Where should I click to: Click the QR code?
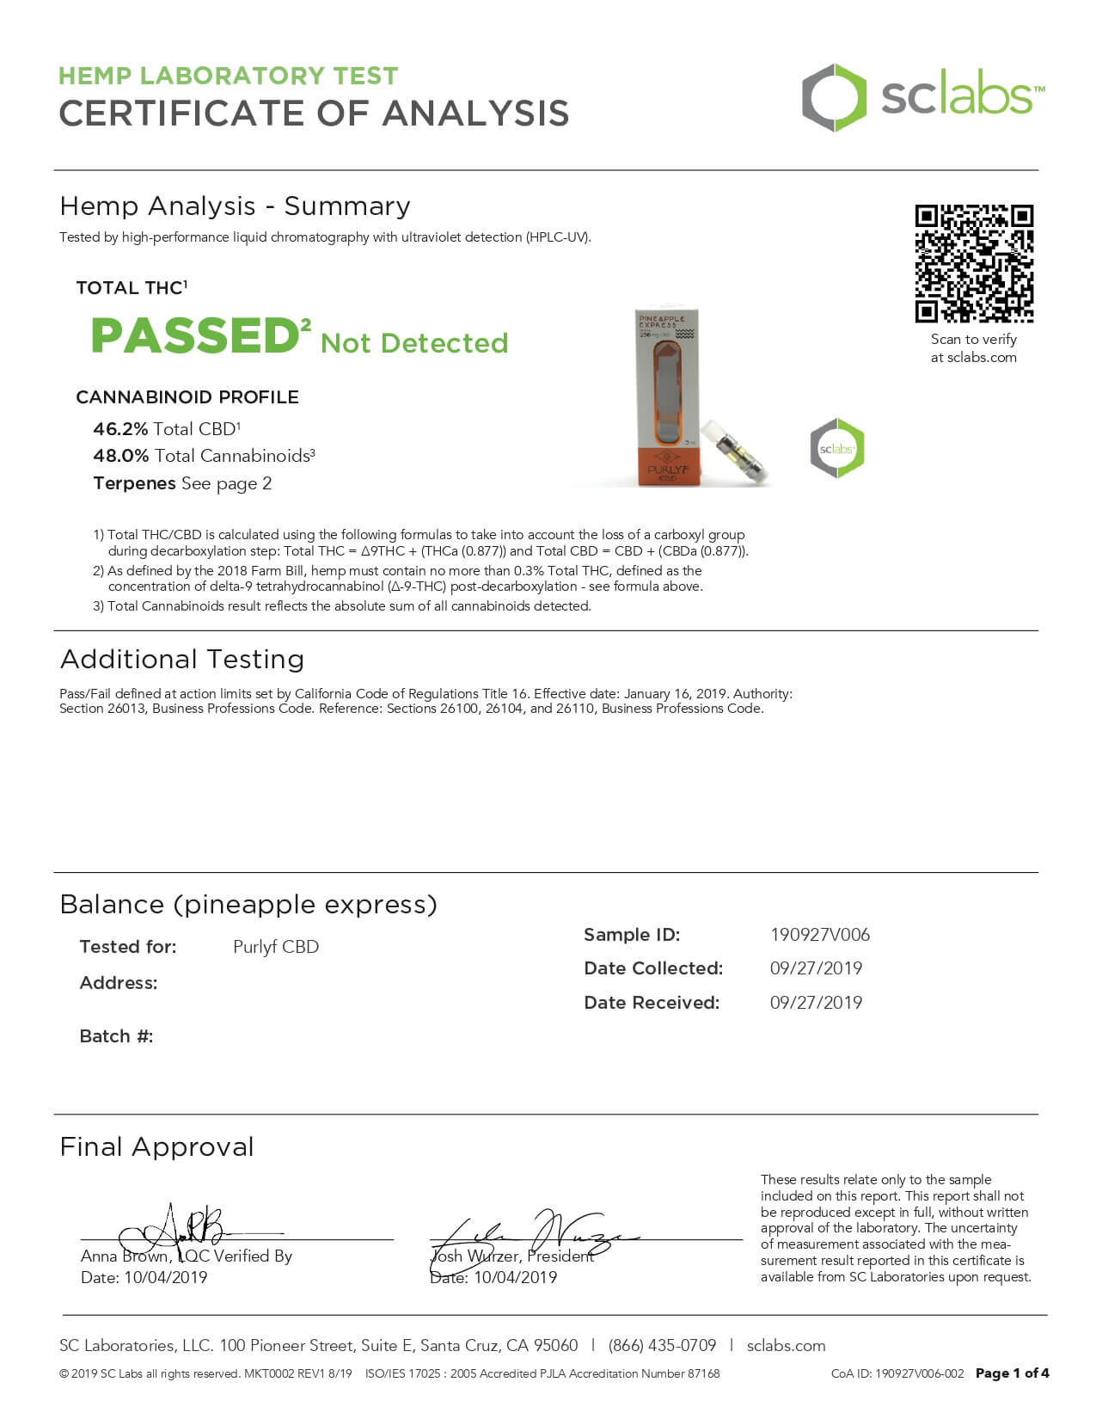973,263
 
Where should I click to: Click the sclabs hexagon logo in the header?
833,97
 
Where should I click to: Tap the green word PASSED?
195,335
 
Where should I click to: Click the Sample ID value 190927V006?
819,935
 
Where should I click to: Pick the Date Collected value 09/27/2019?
816,968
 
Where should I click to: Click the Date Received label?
652,1003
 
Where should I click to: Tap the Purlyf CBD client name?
276,947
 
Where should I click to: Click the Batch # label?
116,1036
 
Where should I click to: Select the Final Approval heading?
157,1147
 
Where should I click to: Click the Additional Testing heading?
182,660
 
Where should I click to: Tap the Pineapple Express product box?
667,397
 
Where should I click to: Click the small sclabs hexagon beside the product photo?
836,448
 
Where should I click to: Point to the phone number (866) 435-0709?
662,1346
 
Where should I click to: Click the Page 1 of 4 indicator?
1012,1373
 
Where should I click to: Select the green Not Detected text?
414,343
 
